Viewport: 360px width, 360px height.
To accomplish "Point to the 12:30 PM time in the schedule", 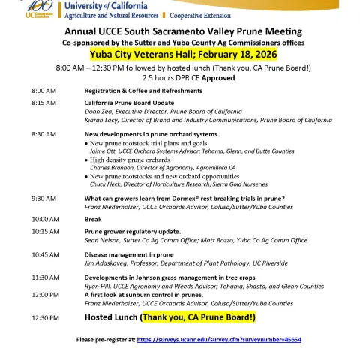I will pos(44,317).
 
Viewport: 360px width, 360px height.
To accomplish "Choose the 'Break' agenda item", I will pos(93,219).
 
